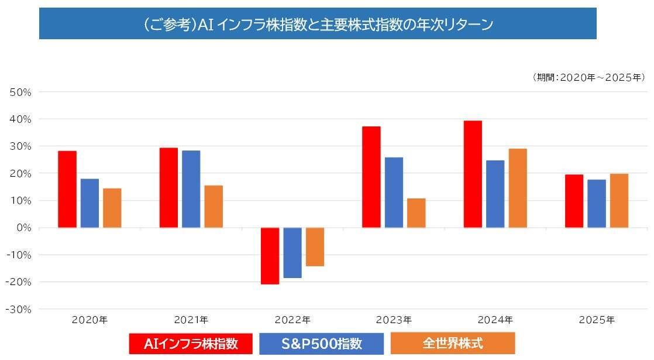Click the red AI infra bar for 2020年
tap(67, 189)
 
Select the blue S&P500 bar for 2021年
tap(191, 189)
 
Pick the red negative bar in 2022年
tap(270, 256)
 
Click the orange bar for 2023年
tap(416, 212)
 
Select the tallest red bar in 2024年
tap(473, 174)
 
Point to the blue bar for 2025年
tap(597, 203)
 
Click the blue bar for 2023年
tap(394, 192)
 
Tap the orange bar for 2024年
tap(518, 188)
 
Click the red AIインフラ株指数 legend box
tap(191, 344)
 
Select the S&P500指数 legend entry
tap(321, 344)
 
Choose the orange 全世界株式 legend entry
tap(452, 343)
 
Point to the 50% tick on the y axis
tap(21, 92)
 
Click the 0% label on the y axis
tap(23, 228)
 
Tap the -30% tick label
tap(19, 309)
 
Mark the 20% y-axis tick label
tap(21, 173)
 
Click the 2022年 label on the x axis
tap(293, 320)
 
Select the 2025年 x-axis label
tap(597, 320)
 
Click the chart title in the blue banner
tap(318, 24)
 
